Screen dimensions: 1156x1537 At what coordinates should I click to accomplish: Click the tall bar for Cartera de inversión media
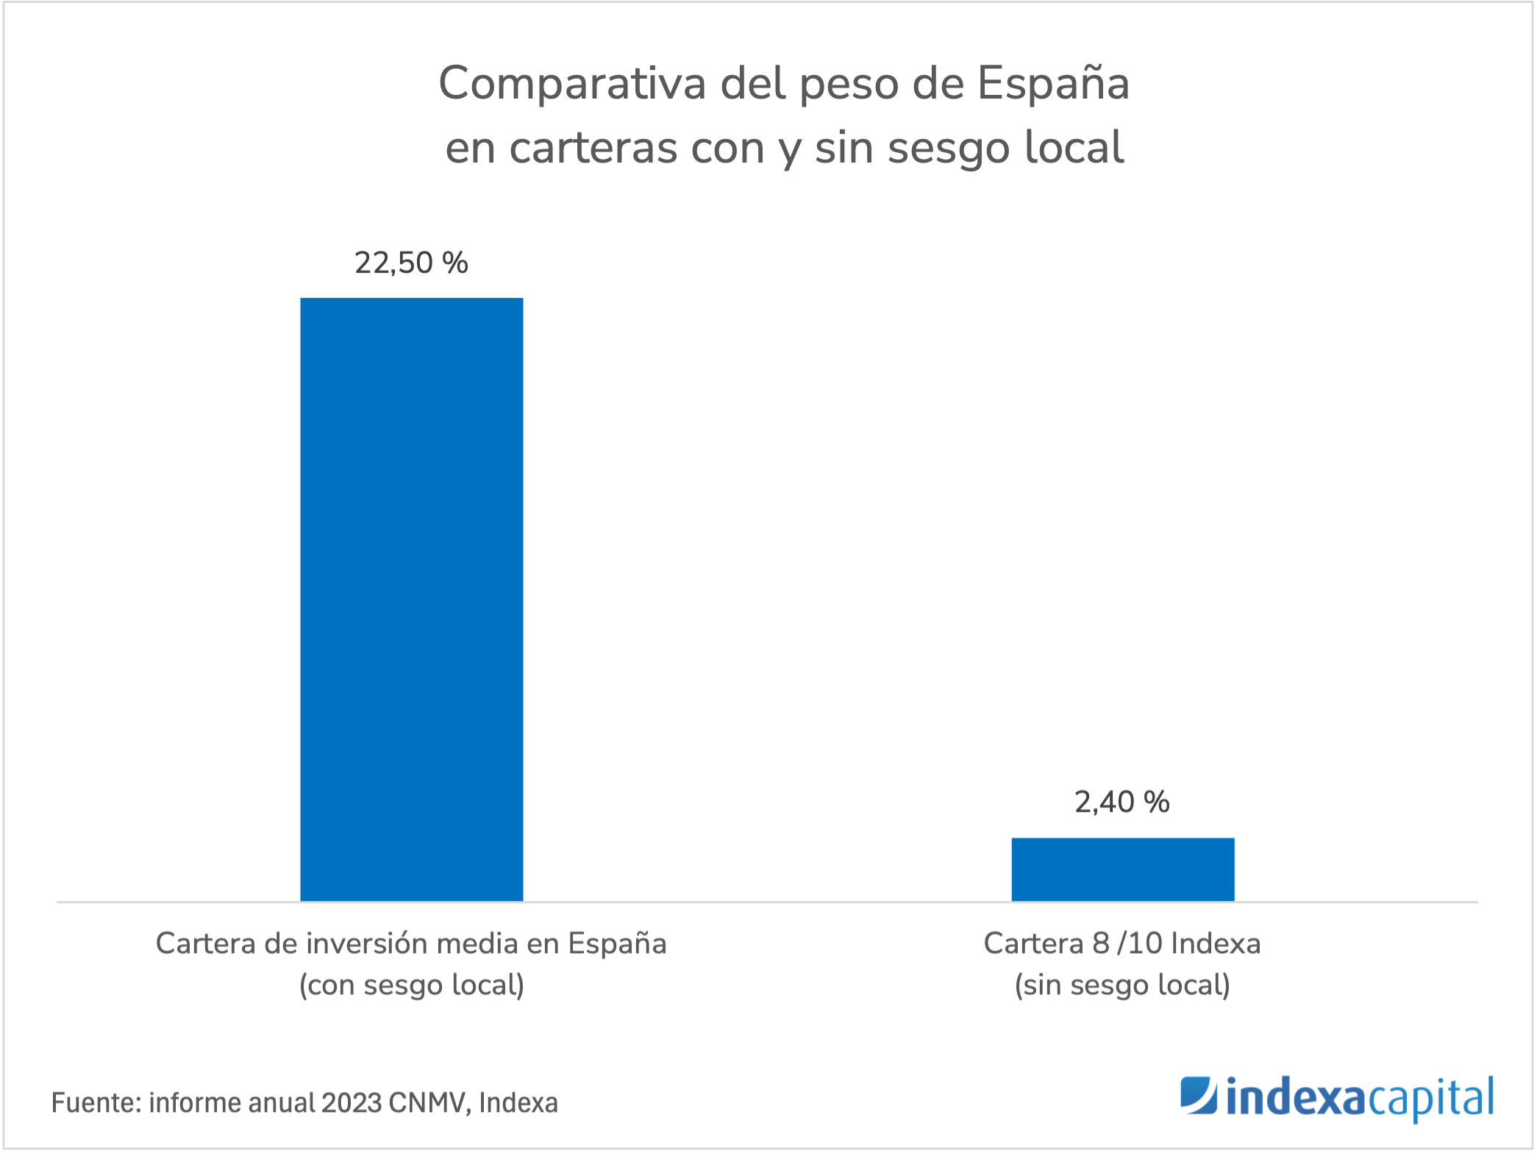click(x=411, y=599)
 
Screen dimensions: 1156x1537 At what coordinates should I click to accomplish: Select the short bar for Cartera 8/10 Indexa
click(x=1122, y=869)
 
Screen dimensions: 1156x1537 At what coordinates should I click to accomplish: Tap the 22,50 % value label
click(x=411, y=263)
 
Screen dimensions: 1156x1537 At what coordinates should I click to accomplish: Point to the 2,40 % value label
click(x=1121, y=802)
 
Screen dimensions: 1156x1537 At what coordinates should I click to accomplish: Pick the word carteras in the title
click(x=593, y=148)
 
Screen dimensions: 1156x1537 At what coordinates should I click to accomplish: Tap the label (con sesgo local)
click(x=411, y=985)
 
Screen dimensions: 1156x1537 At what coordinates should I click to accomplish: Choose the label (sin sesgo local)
click(x=1122, y=985)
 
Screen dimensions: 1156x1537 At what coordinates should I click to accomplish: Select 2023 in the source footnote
click(x=352, y=1103)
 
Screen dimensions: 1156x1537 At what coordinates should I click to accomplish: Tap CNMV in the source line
click(x=429, y=1103)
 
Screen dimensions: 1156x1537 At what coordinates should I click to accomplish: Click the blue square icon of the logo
click(x=1199, y=1096)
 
